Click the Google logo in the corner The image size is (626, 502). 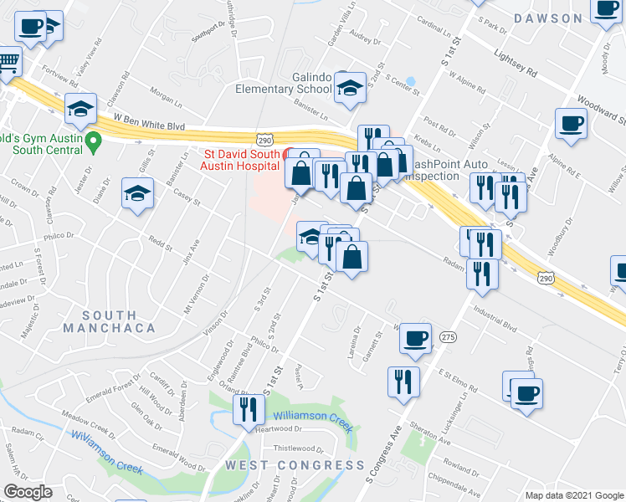coord(28,492)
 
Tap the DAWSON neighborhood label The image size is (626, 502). coord(548,18)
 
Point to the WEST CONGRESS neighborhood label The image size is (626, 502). coord(293,465)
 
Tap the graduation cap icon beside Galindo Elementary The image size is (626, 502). coord(349,87)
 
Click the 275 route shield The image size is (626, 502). coord(448,336)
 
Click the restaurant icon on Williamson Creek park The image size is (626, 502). coord(248,409)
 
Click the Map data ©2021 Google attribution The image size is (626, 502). coord(573,494)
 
